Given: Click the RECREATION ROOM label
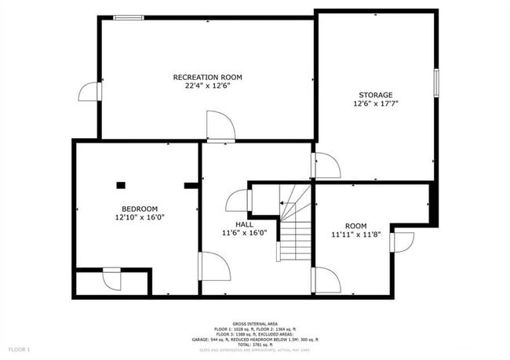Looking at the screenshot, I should pyautogui.click(x=207, y=77).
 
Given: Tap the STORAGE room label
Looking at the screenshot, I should pyautogui.click(x=376, y=94).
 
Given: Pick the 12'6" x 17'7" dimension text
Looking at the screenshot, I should pyautogui.click(x=376, y=103).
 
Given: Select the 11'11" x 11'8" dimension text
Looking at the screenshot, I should pyautogui.click(x=355, y=234).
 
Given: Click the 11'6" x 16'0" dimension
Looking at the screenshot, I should pyautogui.click(x=245, y=232).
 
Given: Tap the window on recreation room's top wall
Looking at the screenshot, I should pyautogui.click(x=129, y=17).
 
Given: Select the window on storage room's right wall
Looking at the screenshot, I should pyautogui.click(x=435, y=82).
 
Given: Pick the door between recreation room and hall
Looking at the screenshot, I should pyautogui.click(x=219, y=127).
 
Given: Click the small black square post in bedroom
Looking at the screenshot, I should pyautogui.click(x=120, y=185).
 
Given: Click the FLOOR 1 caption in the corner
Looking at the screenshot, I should pyautogui.click(x=19, y=348).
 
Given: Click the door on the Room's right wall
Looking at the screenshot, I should pyautogui.click(x=403, y=241).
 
